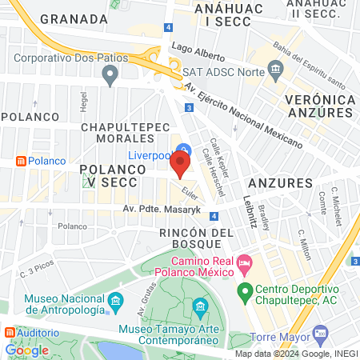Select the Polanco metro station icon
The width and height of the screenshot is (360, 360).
[x=19, y=161]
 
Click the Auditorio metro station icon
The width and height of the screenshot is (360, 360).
[x=9, y=332]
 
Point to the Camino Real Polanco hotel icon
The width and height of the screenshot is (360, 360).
[x=246, y=262]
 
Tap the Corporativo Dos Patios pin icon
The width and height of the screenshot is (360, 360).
[x=110, y=74]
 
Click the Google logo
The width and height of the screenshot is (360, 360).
[x=27, y=350]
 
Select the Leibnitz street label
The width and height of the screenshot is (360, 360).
[x=249, y=211]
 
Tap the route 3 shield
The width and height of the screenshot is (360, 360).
[x=188, y=107]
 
